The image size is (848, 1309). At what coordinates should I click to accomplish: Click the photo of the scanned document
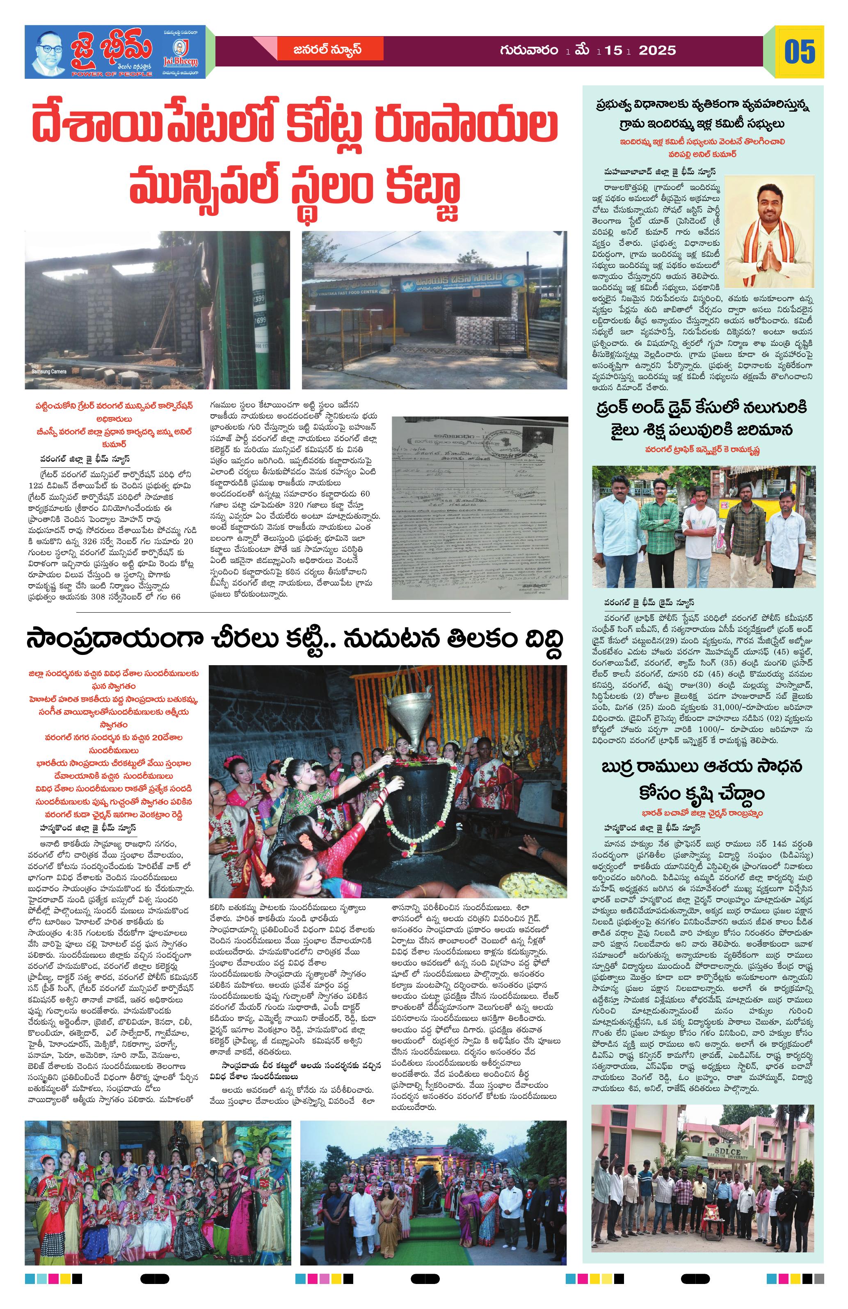[x=479, y=507]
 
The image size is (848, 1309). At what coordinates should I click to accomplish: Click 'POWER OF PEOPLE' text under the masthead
[x=113, y=73]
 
